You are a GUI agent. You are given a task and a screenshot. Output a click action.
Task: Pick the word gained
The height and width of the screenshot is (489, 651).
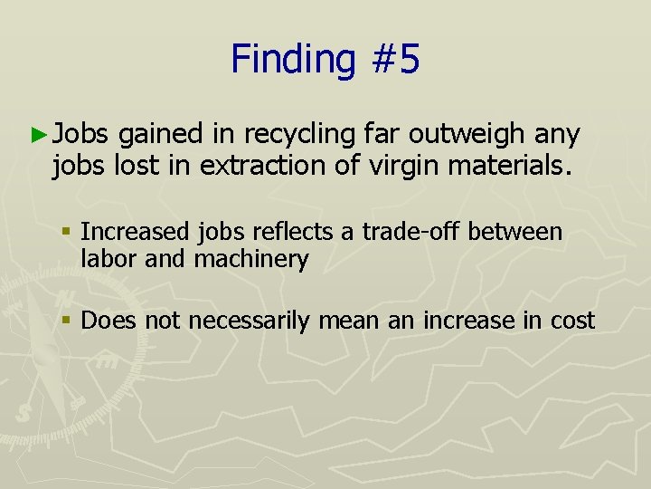(160, 135)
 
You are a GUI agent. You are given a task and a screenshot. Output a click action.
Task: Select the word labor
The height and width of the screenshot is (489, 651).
(107, 260)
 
